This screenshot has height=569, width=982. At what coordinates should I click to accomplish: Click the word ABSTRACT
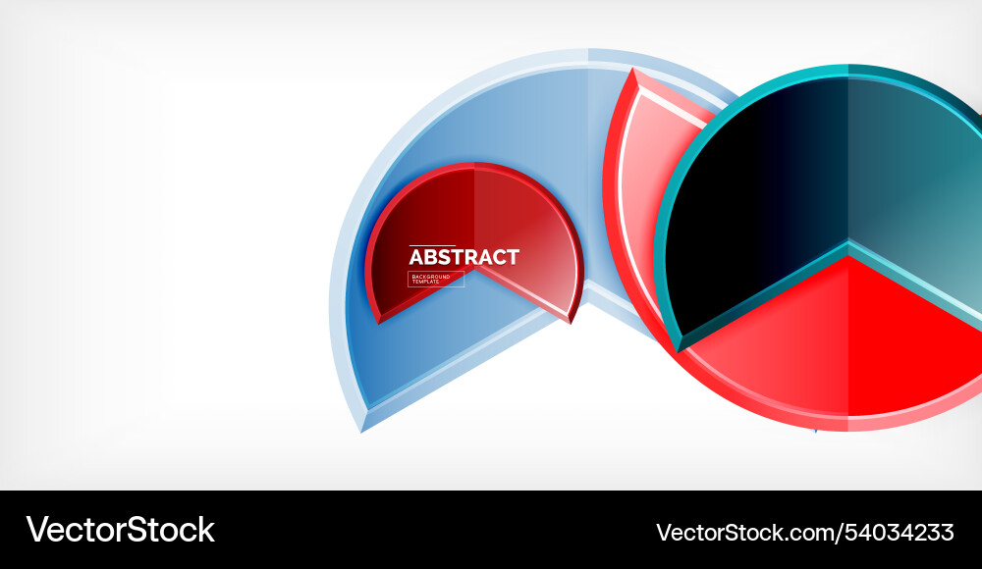[464, 257]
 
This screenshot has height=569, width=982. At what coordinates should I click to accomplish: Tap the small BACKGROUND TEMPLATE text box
[436, 280]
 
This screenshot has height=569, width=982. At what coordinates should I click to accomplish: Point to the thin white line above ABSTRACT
[432, 245]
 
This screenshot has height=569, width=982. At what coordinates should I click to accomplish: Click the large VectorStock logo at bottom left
[120, 530]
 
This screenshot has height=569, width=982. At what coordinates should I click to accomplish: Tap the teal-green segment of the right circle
[913, 177]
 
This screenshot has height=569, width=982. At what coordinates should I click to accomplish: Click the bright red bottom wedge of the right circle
[845, 343]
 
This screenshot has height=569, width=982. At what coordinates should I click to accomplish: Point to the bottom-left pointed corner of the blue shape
[363, 430]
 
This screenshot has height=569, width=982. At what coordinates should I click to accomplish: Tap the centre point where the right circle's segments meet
[847, 243]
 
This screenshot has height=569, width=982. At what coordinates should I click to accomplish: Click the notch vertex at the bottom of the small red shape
[475, 270]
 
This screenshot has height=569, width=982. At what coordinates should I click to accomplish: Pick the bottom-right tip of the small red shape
[570, 321]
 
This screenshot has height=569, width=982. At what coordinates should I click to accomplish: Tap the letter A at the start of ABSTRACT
[415, 257]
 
